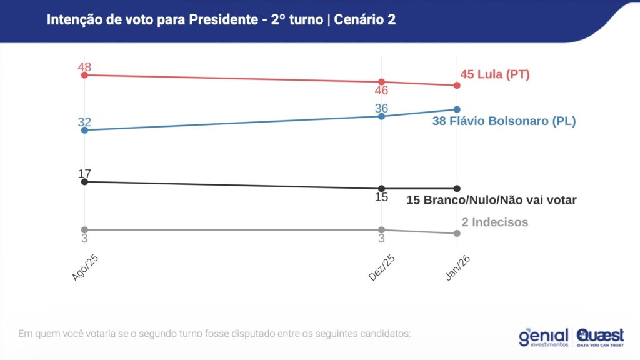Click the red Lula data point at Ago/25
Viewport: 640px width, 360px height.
pos(84,75)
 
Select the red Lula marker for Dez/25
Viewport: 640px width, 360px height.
pos(381,82)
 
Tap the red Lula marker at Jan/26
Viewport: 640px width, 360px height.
pos(457,85)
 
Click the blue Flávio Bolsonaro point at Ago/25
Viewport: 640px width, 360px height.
pos(84,130)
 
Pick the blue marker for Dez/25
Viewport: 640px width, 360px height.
pos(381,116)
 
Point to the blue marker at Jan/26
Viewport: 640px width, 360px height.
pos(457,109)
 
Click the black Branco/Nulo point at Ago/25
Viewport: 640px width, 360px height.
pos(84,181)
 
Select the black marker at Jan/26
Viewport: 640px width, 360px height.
pos(457,188)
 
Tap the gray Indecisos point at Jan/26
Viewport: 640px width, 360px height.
pos(457,233)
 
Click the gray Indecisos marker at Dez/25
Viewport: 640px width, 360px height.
pos(381,229)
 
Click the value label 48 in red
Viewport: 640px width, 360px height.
pos(84,67)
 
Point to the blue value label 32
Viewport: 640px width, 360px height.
pos(84,122)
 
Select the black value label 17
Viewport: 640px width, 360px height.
pos(84,173)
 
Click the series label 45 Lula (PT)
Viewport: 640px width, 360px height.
pos(495,74)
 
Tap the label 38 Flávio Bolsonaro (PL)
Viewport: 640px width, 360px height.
pos(504,121)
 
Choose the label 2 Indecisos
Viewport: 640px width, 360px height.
pos(495,222)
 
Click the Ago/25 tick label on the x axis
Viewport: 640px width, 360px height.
pos(86,268)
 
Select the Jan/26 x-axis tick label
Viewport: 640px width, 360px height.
pos(458,268)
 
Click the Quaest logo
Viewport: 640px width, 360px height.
pos(600,337)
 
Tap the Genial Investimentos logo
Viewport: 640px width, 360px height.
pos(543,337)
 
